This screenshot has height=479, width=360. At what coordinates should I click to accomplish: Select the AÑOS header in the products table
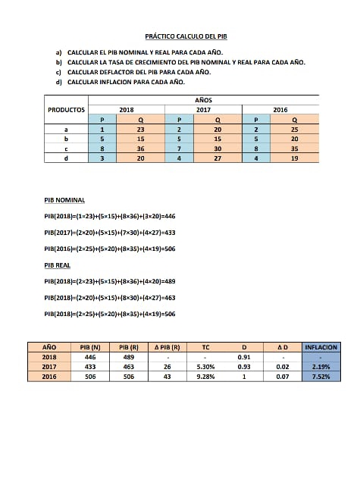[203, 100]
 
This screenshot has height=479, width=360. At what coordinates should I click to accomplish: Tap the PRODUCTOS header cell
[66, 110]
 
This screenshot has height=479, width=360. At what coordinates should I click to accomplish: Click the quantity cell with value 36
[140, 149]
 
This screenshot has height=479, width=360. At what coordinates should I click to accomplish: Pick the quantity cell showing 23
[140, 130]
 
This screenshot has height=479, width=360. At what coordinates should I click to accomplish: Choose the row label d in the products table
[66, 158]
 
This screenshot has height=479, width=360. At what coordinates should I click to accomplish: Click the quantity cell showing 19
[294, 158]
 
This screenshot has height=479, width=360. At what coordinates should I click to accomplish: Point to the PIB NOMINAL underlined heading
[64, 200]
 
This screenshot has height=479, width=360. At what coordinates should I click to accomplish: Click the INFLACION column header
[320, 346]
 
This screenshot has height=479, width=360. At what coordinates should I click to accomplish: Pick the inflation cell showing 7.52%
[320, 376]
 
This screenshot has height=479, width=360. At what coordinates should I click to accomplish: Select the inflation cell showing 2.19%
[320, 366]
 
